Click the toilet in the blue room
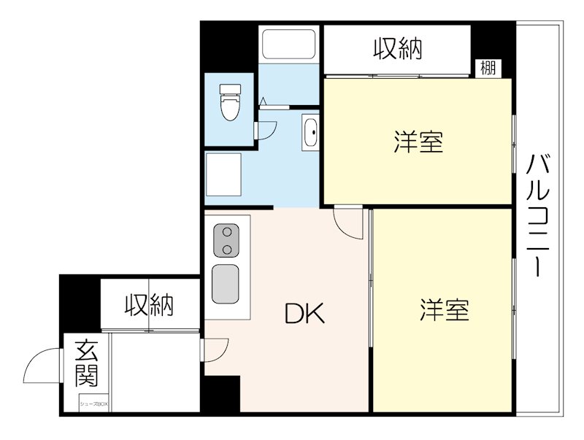230,102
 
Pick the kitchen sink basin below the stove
226,284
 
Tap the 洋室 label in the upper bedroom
418,142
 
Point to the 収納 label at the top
398,49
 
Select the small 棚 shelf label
488,69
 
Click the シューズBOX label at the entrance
93,402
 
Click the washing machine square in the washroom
225,175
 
